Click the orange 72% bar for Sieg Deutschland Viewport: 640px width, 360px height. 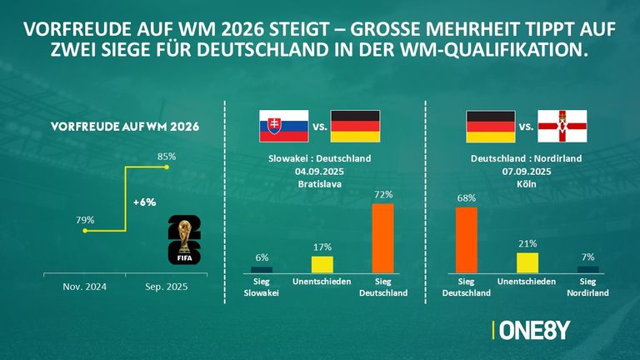(382, 237)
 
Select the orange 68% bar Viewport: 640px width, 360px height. (467, 240)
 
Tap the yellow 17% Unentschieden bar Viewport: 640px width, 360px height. (322, 264)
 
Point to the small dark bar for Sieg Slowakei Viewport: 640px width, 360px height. (262, 269)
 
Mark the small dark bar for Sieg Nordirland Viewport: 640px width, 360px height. (588, 269)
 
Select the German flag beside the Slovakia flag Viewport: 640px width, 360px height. (355, 126)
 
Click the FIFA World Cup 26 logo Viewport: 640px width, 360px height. (184, 240)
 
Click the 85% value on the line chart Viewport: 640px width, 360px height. (167, 156)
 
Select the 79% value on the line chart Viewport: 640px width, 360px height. (85, 220)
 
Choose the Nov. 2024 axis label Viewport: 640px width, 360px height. (84, 287)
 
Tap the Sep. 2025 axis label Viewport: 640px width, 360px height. (167, 287)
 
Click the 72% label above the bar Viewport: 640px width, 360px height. (382, 194)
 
